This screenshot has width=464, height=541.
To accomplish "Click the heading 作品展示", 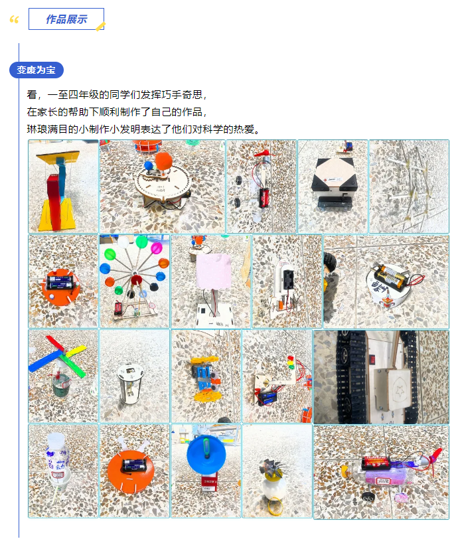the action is tap(66, 19).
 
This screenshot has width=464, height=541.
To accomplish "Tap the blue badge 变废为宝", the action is tap(37, 70).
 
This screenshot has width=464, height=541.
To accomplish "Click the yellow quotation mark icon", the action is tap(14, 20).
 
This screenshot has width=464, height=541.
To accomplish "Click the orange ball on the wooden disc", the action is tap(163, 161).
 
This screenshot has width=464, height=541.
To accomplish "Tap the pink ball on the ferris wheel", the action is tap(156, 248).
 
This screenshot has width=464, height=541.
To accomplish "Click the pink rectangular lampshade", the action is tap(214, 272).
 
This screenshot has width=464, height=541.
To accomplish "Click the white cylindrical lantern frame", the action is tap(130, 383).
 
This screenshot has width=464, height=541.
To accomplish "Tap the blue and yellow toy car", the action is tap(206, 378).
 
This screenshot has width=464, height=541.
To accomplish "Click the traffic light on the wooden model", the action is tap(291, 363).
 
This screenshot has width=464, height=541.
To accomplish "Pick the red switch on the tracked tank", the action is tap(372, 359).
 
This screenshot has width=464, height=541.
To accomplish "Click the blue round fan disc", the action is tap(206, 455).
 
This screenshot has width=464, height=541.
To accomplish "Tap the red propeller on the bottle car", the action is tap(435, 458).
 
